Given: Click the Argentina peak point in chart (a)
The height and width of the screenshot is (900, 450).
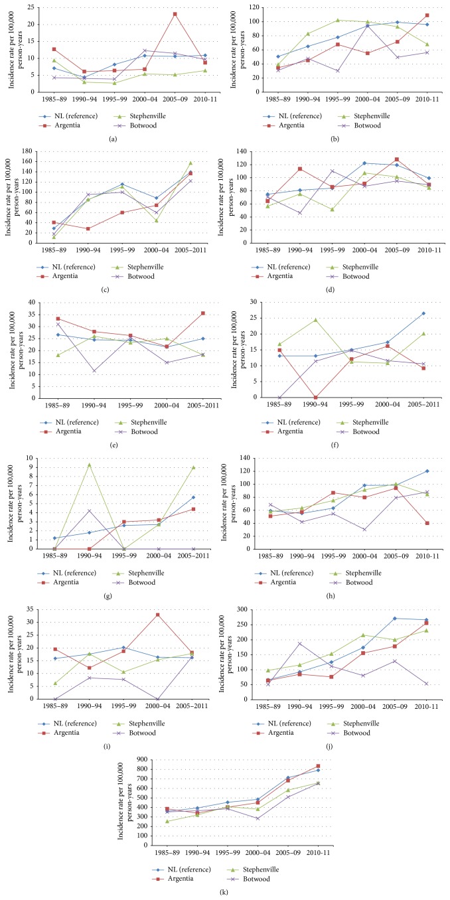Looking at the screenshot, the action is pyautogui.click(x=175, y=14).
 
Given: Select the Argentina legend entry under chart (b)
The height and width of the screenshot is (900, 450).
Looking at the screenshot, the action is pyautogui.click(x=285, y=125).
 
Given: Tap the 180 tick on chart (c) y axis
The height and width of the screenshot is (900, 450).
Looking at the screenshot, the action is pyautogui.click(x=27, y=151).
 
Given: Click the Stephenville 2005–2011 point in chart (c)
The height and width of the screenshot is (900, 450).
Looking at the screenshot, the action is pyautogui.click(x=190, y=163).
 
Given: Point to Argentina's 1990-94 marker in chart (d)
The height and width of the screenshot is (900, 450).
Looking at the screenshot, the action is pyautogui.click(x=300, y=169).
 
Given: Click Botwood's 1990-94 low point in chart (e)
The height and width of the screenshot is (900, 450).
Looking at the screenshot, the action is pyautogui.click(x=94, y=371).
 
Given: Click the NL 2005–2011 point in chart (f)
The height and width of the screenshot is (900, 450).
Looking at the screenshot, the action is pyautogui.click(x=423, y=313).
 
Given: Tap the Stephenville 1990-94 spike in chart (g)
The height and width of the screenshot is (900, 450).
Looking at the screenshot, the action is pyautogui.click(x=89, y=465).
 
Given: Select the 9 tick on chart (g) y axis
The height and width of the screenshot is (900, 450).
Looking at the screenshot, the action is pyautogui.click(x=31, y=467).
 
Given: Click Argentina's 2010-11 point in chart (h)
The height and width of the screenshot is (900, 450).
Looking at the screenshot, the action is pyautogui.click(x=427, y=523).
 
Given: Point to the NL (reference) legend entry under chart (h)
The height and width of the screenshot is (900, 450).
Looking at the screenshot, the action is pyautogui.click(x=285, y=573).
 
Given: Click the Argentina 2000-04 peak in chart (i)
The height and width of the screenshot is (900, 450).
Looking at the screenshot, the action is pyautogui.click(x=157, y=615).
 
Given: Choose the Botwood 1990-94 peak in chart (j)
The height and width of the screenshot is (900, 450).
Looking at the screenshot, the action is pyautogui.click(x=300, y=643).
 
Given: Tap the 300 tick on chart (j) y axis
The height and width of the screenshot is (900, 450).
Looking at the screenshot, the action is pyautogui.click(x=242, y=609).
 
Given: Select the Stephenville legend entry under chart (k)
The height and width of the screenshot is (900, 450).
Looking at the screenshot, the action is pyautogui.click(x=256, y=869).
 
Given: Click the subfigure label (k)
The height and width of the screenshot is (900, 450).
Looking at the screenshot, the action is pyautogui.click(x=224, y=893).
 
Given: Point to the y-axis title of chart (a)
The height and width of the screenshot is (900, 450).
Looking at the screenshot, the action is pyautogui.click(x=16, y=49).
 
